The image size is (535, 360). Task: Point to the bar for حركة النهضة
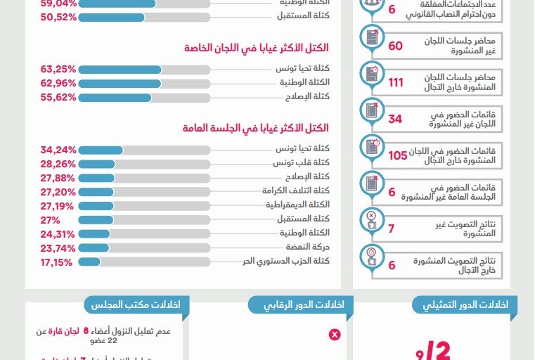click(144, 247)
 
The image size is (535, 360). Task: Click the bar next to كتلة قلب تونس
click(144, 164)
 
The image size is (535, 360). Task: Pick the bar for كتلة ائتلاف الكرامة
click(144, 192)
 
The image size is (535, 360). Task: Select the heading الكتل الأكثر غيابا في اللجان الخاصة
click(257, 49)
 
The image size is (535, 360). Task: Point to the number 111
click(396, 82)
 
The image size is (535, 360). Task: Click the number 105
click(398, 155)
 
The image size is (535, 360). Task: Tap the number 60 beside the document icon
click(396, 46)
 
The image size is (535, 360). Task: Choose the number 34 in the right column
click(395, 119)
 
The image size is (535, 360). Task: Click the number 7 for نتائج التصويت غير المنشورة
click(392, 229)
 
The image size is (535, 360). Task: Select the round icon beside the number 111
click(370, 75)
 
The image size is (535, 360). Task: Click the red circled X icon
click(335, 335)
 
